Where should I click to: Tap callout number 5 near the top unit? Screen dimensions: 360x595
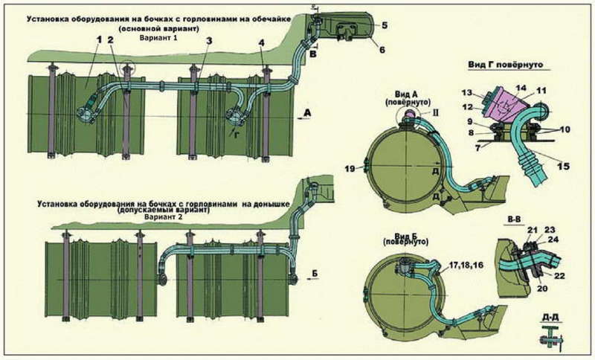(x=385, y=24)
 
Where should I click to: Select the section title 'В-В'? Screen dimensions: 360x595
(x=512, y=221)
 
